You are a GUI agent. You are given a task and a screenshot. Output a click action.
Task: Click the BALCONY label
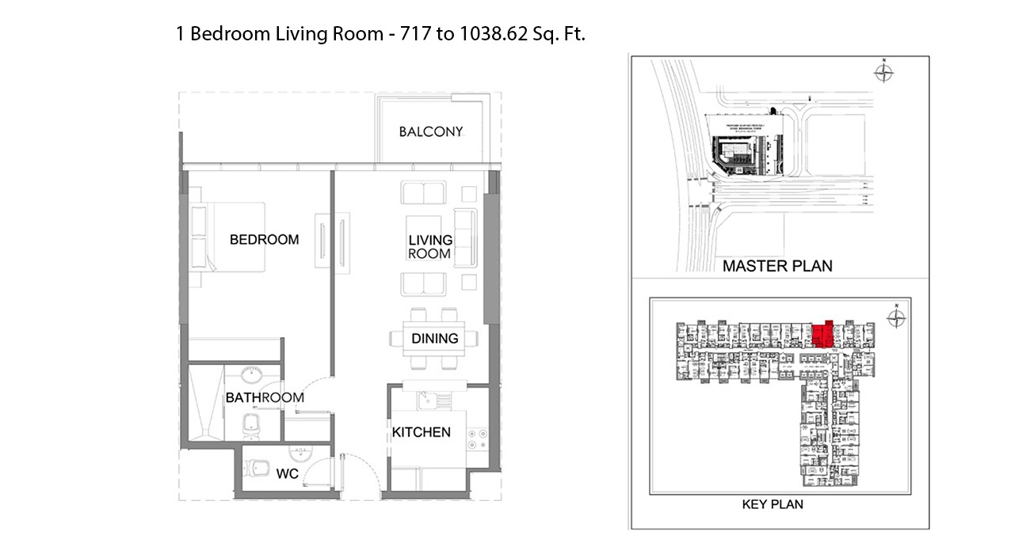pyautogui.click(x=430, y=131)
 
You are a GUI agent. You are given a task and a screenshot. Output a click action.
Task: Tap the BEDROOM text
pyautogui.click(x=264, y=239)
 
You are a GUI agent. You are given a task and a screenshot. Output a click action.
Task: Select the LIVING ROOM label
pyautogui.click(x=429, y=247)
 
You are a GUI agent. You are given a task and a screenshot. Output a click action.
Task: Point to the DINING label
pyautogui.click(x=434, y=338)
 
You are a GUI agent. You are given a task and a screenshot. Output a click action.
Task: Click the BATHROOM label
pyautogui.click(x=265, y=397)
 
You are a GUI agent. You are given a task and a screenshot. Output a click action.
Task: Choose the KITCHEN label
pyautogui.click(x=421, y=432)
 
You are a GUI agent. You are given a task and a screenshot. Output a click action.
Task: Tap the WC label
pyautogui.click(x=287, y=474)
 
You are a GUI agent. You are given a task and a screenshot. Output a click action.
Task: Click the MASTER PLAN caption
pyautogui.click(x=776, y=266)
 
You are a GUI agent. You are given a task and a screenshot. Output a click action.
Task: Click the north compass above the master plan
pyautogui.click(x=883, y=74)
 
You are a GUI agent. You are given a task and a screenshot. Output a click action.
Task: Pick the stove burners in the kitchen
pyautogui.click(x=477, y=438)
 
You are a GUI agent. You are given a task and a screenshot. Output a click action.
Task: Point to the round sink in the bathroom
pyautogui.click(x=253, y=375)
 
